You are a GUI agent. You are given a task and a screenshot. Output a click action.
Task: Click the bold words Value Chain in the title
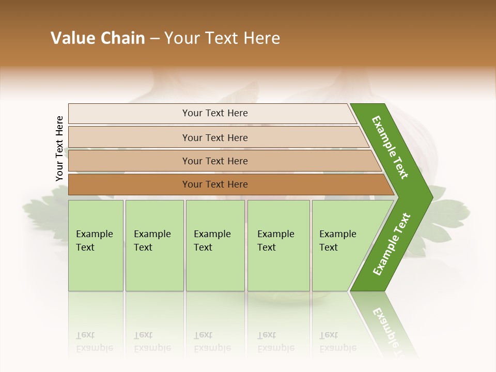pos(98,38)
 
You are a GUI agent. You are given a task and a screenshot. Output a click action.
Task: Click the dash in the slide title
pos(154,39)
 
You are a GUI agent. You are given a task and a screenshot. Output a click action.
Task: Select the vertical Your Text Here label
pos(59,149)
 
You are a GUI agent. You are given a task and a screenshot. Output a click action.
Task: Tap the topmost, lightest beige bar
pos(212,113)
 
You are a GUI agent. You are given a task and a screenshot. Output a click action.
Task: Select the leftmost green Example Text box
pos(96,245)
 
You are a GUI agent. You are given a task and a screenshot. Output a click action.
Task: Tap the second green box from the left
pos(154,245)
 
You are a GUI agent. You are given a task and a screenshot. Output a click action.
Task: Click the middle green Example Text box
pos(215,245)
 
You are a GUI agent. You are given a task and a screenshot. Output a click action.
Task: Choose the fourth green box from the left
pos(278,245)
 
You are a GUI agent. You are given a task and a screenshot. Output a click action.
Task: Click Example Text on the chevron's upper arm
pos(390,147)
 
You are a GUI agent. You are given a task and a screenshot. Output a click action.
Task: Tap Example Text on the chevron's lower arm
pos(391,244)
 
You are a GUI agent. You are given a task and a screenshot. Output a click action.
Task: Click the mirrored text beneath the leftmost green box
pos(94,342)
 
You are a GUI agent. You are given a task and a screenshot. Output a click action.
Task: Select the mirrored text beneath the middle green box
pos(212,342)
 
